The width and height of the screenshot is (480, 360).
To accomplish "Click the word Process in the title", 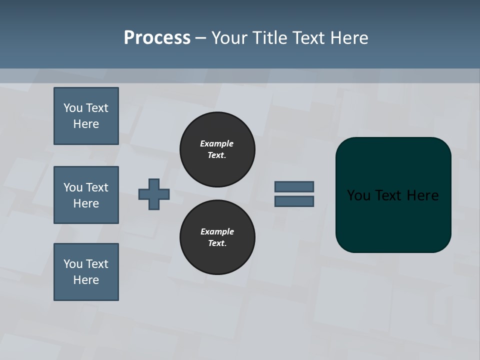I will coord(157,38).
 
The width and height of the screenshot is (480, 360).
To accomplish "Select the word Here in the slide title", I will coord(349,38).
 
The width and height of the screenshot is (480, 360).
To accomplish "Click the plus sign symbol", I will coord(154,194).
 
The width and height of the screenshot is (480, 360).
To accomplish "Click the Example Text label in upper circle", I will coord(217,149).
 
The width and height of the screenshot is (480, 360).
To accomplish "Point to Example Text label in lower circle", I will coord(217,237).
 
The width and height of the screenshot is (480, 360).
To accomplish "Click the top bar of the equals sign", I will coord(294,186).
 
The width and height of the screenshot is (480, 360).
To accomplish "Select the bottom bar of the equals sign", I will coord(294,201).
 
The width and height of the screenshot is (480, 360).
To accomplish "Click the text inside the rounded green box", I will coord(393,195).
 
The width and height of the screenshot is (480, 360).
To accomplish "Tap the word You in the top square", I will coord(73,108).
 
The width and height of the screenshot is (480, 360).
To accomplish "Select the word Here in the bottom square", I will coord(86,280).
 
